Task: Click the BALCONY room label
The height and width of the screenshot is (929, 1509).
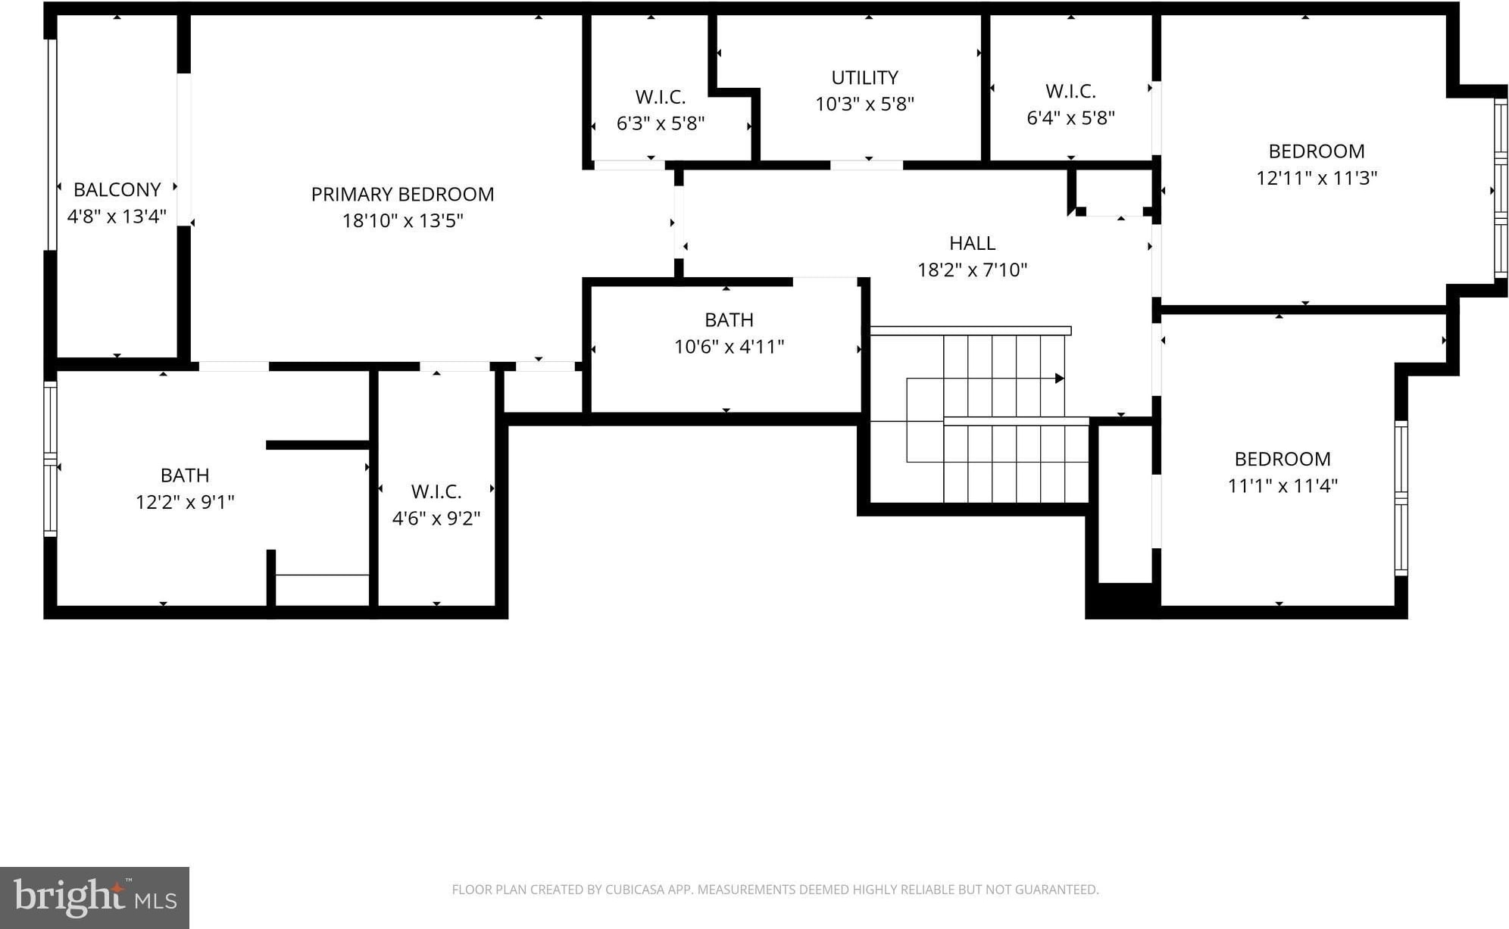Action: [x=117, y=189]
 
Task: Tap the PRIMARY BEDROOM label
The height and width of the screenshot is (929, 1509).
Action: [x=402, y=195]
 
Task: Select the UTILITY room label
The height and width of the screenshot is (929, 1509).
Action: [x=864, y=78]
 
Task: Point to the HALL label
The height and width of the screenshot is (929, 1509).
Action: [x=972, y=243]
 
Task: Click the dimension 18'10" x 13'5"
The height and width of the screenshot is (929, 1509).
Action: [x=402, y=221]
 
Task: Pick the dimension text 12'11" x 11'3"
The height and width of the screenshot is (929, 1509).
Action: [x=1317, y=178]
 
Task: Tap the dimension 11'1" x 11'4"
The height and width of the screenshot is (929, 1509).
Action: [x=1282, y=486]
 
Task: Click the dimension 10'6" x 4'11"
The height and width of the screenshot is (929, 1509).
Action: [x=729, y=347]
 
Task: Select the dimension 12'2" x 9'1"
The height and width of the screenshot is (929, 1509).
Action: [x=185, y=503]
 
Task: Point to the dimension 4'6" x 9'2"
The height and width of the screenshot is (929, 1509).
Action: [x=436, y=519]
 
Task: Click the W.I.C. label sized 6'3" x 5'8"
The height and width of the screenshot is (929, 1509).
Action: [x=661, y=97]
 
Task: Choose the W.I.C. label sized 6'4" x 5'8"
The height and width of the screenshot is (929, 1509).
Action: [x=1070, y=92]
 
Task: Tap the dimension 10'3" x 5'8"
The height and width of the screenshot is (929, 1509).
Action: [x=864, y=104]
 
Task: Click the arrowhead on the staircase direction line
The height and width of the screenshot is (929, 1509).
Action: [x=1060, y=379]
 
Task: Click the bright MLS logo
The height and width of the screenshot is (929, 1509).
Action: [x=95, y=898]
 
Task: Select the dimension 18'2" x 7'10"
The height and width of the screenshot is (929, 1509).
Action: [x=972, y=270]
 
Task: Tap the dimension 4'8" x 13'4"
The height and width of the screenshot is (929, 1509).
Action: [x=117, y=217]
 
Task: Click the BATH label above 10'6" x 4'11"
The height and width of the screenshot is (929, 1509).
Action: [x=729, y=320]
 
